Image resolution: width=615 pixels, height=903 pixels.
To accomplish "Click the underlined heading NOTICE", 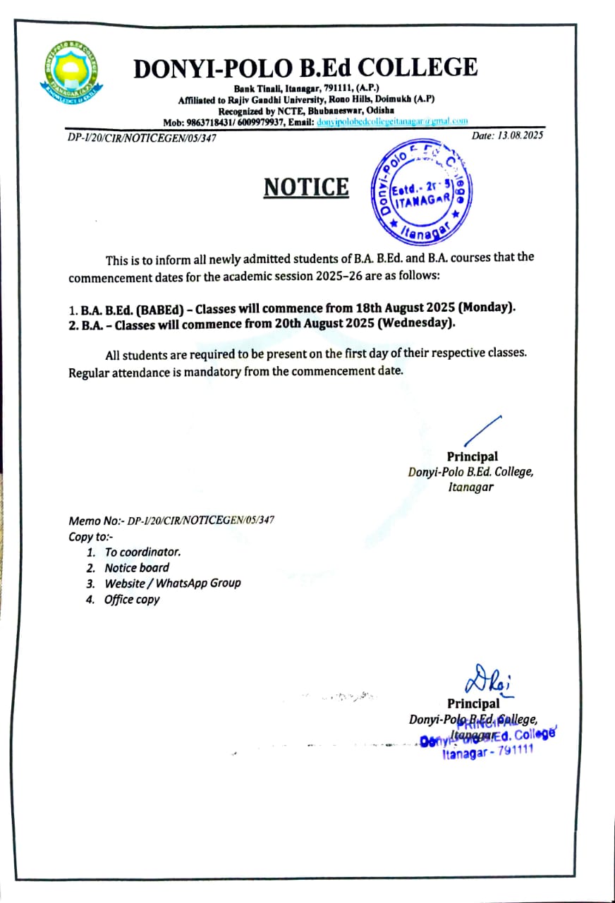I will click(306, 187).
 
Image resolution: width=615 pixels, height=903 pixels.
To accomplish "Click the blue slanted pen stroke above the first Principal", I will click(482, 431).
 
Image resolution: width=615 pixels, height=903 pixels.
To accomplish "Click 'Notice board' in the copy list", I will click(137, 567).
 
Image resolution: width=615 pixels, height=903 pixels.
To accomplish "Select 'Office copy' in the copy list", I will click(132, 600).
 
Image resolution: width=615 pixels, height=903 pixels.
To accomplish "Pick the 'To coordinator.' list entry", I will click(142, 552).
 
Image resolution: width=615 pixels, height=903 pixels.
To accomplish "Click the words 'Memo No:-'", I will click(97, 521).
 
